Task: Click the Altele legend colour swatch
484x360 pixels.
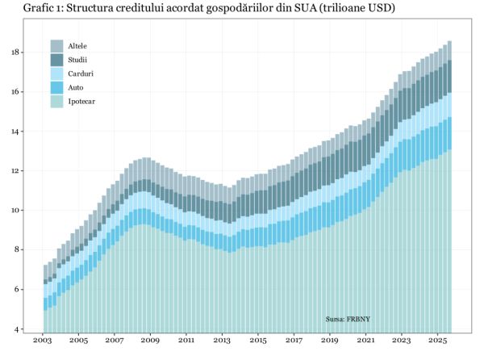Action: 57,46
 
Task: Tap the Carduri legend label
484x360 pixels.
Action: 81,73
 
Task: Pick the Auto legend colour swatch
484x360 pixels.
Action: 57,86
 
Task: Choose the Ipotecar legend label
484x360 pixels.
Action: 83,101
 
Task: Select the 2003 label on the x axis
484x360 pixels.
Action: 43,341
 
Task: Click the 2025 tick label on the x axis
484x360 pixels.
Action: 437,341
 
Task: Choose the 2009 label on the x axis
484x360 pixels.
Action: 150,341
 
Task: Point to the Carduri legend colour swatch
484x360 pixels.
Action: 57,73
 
